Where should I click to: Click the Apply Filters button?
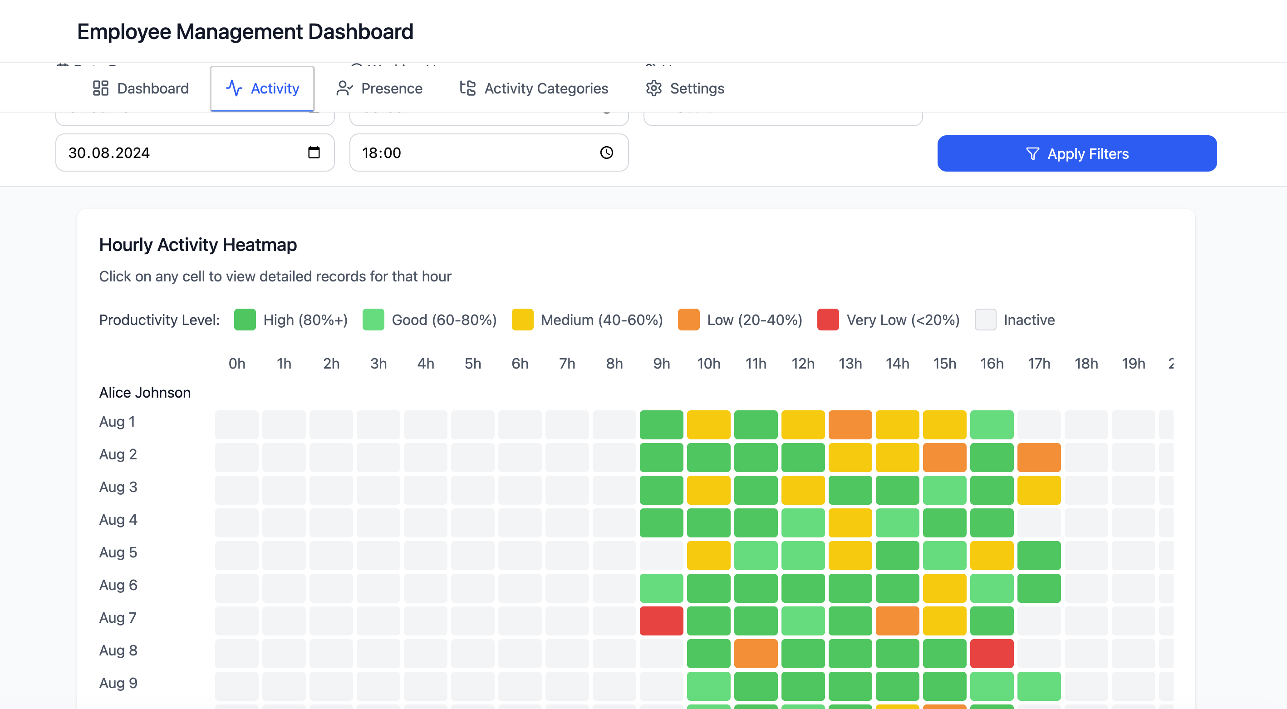[x=1077, y=153]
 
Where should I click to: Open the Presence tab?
[x=380, y=89]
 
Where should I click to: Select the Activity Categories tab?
[x=534, y=89]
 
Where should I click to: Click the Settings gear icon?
[x=653, y=89]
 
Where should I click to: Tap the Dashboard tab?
[x=141, y=89]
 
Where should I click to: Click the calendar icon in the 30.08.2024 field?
[x=314, y=153]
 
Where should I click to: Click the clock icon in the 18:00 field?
[x=607, y=153]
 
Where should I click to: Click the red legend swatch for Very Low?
[x=828, y=320]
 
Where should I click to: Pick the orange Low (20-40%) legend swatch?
[x=688, y=320]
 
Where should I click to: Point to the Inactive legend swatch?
[x=985, y=320]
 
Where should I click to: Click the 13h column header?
[x=850, y=364]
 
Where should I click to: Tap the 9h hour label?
[x=662, y=364]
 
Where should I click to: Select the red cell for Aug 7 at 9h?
[x=662, y=620]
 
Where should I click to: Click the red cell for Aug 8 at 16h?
[x=992, y=654]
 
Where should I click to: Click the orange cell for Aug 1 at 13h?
[x=850, y=425]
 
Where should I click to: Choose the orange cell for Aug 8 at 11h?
[x=756, y=654]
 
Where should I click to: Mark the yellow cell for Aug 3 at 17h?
[x=1039, y=490]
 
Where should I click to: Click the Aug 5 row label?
[x=118, y=552]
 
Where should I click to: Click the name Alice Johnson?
[x=145, y=393]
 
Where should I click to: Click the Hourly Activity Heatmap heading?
[x=198, y=245]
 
